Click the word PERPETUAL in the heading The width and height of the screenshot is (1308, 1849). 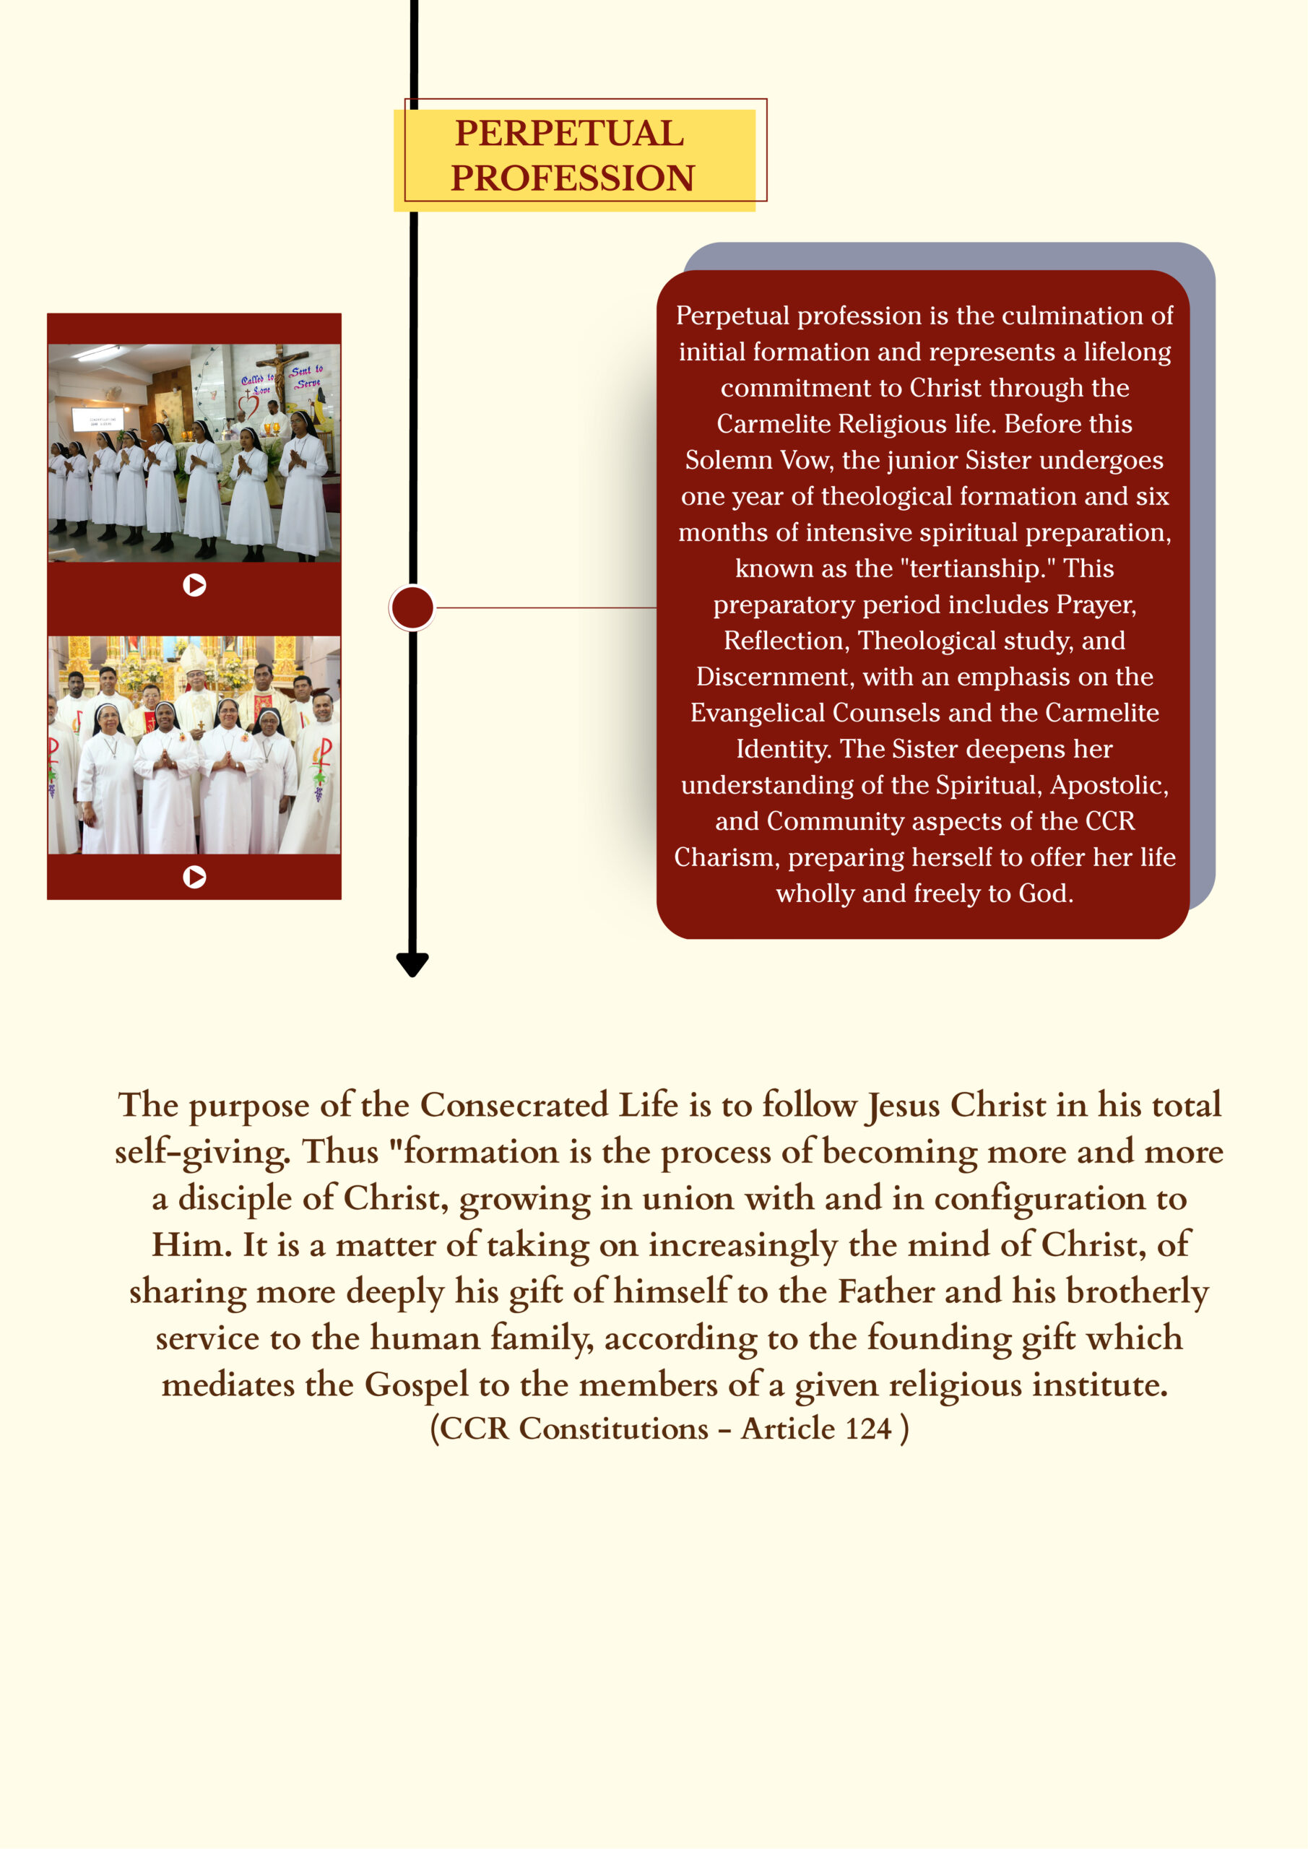(568, 134)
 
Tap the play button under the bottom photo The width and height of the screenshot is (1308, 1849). (194, 876)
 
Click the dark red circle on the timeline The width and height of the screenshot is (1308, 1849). (412, 607)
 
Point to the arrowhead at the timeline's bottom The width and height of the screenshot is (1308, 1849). (412, 964)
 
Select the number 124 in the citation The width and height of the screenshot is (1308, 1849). (868, 1429)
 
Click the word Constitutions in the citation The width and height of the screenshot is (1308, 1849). (613, 1429)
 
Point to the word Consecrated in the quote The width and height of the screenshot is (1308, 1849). (514, 1105)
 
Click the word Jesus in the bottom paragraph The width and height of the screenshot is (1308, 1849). (903, 1105)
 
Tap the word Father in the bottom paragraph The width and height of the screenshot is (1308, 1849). (886, 1291)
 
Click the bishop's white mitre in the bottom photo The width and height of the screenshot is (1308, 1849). (194, 659)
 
